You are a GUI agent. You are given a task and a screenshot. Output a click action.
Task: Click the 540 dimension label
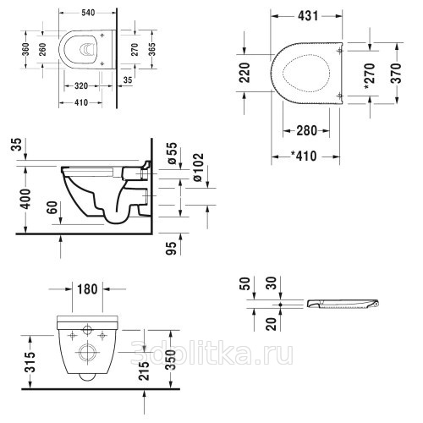[x=88, y=13]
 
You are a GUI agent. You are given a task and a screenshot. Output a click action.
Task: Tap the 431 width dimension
[x=308, y=16]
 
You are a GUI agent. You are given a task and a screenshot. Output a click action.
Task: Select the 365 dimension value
[x=152, y=49]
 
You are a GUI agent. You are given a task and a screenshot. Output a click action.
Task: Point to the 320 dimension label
[x=81, y=85]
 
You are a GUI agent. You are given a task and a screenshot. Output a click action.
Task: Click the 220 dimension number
[x=244, y=73]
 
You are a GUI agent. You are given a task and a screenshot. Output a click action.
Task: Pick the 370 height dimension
[x=396, y=74]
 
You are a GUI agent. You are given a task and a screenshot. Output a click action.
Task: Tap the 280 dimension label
[x=307, y=130]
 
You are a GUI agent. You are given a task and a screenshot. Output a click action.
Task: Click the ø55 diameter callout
[x=173, y=153]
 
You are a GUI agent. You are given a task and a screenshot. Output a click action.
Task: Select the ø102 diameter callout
[x=197, y=167]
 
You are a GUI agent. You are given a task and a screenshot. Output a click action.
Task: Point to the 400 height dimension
[x=26, y=199]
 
